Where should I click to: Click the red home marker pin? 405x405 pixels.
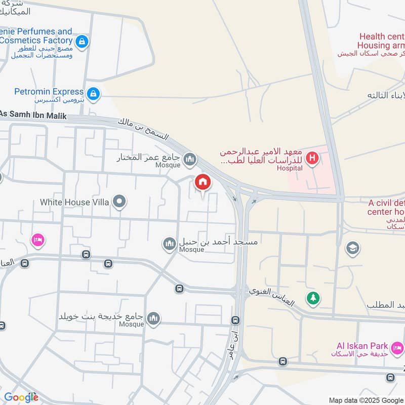[x=202, y=182]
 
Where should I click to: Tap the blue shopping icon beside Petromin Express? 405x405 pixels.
[x=93, y=94]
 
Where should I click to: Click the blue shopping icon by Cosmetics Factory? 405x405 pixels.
[x=82, y=41]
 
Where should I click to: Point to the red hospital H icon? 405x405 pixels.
[x=312, y=158]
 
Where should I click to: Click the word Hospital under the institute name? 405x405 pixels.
[x=290, y=168]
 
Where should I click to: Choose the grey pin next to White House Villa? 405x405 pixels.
[x=119, y=202]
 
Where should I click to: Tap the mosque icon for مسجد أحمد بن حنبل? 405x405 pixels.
[x=169, y=245]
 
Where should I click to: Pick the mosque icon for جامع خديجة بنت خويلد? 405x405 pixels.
[x=153, y=318]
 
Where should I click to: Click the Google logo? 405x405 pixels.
[x=21, y=397]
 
